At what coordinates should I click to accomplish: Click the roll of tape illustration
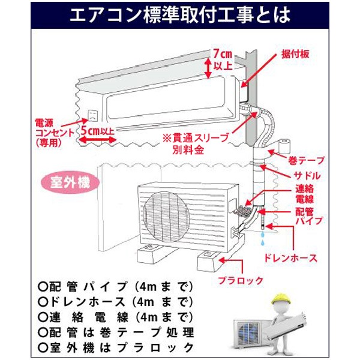pos(284,146)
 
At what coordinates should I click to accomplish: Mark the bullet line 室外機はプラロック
pos(116,347)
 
